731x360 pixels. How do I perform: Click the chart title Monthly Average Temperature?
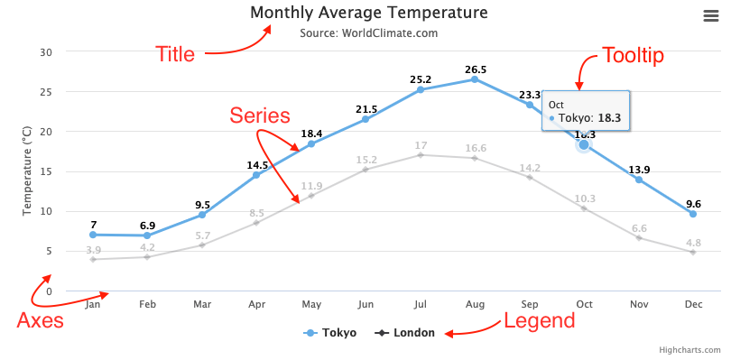368,13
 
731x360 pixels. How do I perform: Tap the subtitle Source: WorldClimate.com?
368,33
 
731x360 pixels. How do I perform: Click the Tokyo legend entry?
329,333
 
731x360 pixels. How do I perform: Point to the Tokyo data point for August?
475,79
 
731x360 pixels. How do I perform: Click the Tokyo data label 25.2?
421,79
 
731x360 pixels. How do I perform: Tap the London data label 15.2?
365,161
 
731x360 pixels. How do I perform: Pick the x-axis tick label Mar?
202,305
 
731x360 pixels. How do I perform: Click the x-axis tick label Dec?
693,305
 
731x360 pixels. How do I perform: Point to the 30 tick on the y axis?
46,51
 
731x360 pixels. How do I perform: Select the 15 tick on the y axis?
46,171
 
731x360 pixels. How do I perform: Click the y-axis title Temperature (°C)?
27,171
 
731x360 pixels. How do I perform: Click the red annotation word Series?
259,115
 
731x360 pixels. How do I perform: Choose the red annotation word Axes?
41,320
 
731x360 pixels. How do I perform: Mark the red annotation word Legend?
539,320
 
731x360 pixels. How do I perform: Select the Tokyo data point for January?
93,235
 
